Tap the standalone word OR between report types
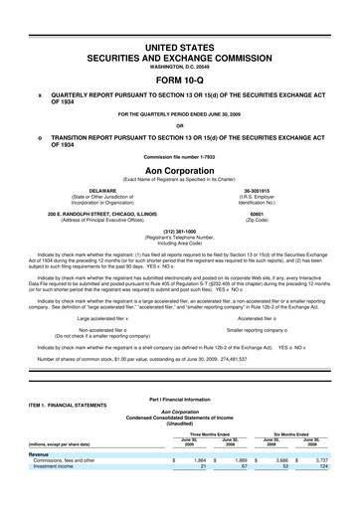point(180,124)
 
